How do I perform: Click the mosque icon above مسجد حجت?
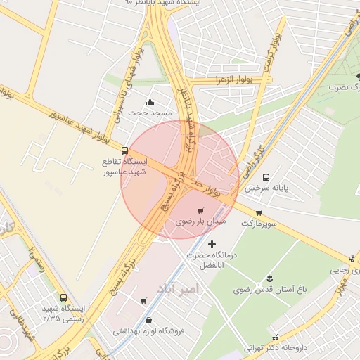point(150,102)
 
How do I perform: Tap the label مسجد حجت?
point(150,112)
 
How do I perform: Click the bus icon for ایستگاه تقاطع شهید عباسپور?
point(125,150)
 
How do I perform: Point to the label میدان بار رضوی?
point(200,221)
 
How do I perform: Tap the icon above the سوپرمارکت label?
point(259,212)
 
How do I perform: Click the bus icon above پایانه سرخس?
point(266,177)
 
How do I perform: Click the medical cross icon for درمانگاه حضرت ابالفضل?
point(212,244)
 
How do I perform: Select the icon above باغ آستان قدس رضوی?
point(269,278)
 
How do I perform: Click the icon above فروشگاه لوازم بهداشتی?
point(148,320)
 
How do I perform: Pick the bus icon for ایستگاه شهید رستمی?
point(64,298)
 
